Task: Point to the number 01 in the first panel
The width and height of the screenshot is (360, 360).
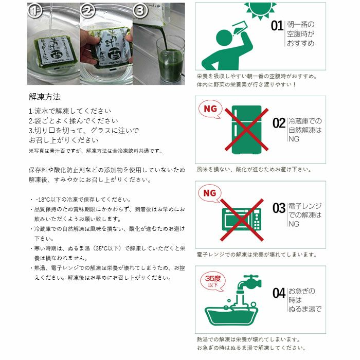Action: coord(277,26)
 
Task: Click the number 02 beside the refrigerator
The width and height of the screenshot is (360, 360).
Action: coord(279,123)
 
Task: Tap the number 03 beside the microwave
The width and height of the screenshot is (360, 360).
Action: coord(279,208)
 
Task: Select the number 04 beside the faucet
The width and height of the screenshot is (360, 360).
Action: coord(279,293)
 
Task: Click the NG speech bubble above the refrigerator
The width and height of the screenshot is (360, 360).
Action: coord(210,109)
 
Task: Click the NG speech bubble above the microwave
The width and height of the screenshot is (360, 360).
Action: coord(210,193)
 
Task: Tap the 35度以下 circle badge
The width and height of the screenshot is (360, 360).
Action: coord(212,281)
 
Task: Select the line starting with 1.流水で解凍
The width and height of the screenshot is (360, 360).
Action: coord(70,111)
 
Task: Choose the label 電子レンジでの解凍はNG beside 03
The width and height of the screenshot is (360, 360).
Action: coord(304,208)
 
